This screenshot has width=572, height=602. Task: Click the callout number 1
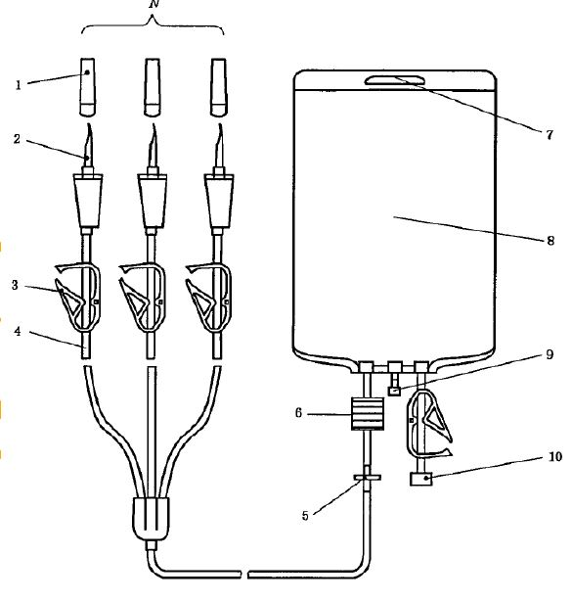(18, 85)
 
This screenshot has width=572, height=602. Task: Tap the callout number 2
(17, 139)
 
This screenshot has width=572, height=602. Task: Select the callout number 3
(15, 285)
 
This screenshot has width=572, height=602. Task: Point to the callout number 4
(18, 331)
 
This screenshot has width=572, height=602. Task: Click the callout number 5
(305, 515)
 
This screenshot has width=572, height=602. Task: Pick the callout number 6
(298, 413)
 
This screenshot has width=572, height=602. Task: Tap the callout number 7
(550, 134)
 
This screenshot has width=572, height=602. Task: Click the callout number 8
(550, 241)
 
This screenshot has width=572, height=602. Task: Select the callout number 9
(550, 354)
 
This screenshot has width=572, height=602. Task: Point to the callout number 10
(555, 456)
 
